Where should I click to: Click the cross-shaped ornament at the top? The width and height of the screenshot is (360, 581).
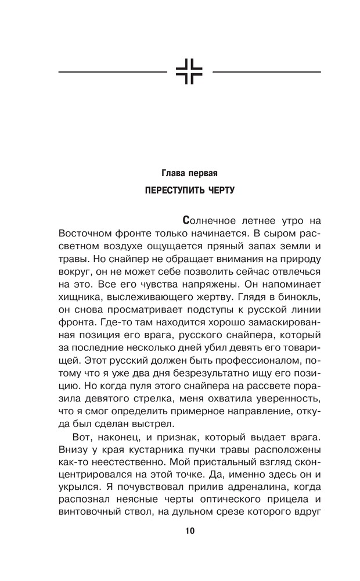[190, 72]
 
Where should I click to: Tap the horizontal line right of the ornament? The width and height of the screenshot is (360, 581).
[267, 72]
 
